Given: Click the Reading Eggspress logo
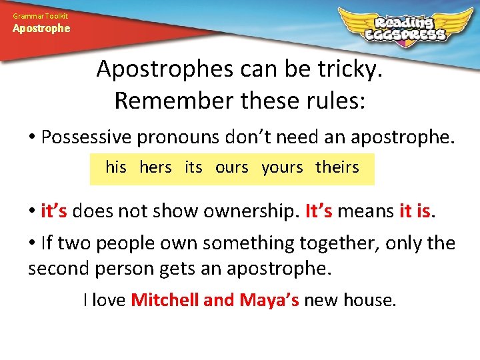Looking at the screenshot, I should click(x=400, y=27).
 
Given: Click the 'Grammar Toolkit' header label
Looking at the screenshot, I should click(x=40, y=15).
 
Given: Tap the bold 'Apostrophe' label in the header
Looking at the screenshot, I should click(x=41, y=29).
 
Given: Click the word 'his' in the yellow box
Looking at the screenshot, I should click(x=116, y=167).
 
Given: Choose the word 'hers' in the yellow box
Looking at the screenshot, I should click(x=155, y=167).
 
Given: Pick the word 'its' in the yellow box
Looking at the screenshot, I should click(x=193, y=167).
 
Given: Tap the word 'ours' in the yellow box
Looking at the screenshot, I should click(x=231, y=167).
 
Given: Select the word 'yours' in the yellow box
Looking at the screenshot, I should click(x=282, y=167).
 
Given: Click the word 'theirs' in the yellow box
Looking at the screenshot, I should click(x=337, y=167).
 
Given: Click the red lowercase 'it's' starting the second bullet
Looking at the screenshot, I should click(x=54, y=211).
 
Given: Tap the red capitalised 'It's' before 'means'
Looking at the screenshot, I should click(x=319, y=211).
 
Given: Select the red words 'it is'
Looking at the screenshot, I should click(x=414, y=211).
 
